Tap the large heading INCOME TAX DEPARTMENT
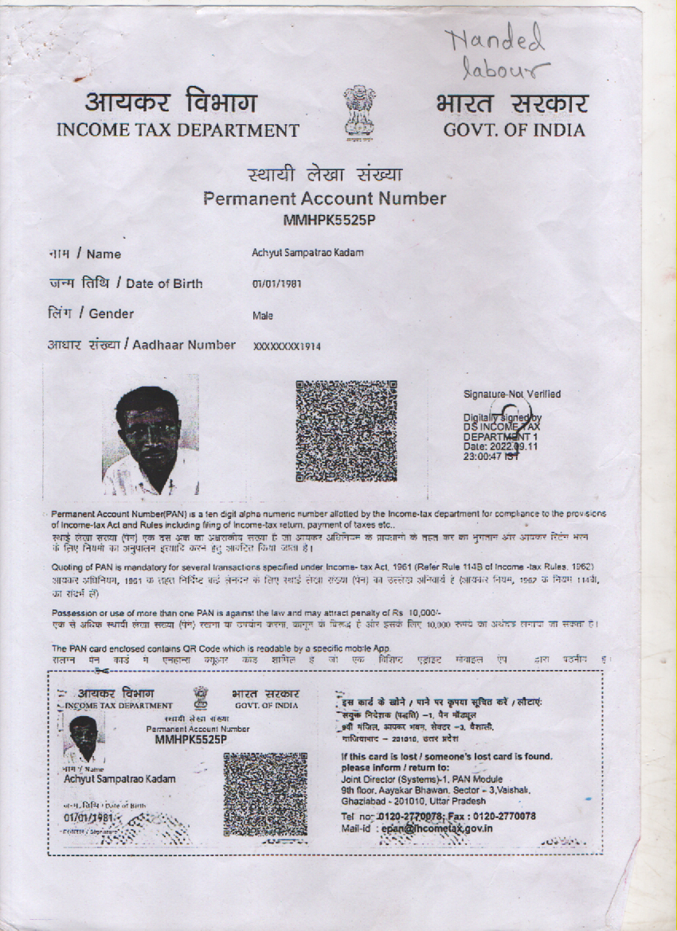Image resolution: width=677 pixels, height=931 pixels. [x=178, y=130]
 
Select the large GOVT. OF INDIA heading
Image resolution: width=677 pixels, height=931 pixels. [x=514, y=130]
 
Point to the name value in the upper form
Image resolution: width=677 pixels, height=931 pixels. [x=307, y=253]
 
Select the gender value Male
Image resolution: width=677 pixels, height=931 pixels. [x=263, y=315]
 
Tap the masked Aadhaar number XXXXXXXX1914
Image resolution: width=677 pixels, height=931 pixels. [x=287, y=346]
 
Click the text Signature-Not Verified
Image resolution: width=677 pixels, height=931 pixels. [x=511, y=394]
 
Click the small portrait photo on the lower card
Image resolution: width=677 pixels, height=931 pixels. [x=84, y=738]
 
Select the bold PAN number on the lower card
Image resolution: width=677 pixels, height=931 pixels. [x=192, y=739]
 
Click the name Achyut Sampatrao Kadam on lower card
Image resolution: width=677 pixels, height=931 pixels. [x=119, y=778]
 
